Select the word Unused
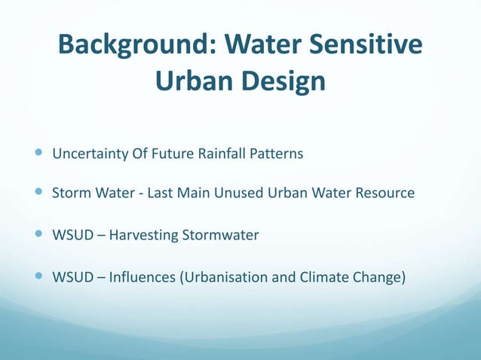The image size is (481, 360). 238,194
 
